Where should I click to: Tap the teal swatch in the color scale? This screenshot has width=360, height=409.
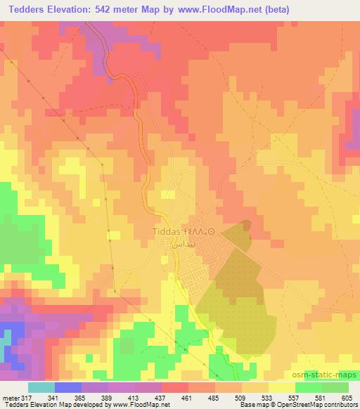click(41, 388)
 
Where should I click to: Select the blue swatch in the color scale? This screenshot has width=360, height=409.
click(67, 388)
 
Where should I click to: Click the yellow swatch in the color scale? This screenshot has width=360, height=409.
click(281, 388)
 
